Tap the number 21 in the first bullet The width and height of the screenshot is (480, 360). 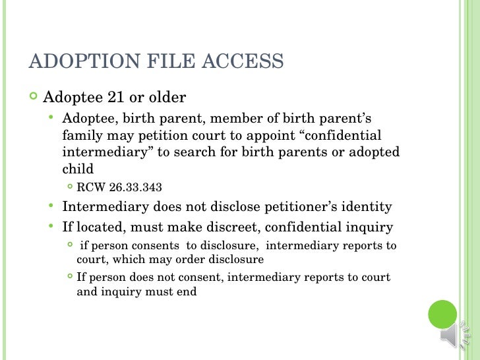pyautogui.click(x=115, y=98)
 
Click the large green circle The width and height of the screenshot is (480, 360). pyautogui.click(x=443, y=315)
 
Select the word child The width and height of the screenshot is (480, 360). pyautogui.click(x=78, y=168)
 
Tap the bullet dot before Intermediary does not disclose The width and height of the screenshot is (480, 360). pyautogui.click(x=51, y=206)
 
